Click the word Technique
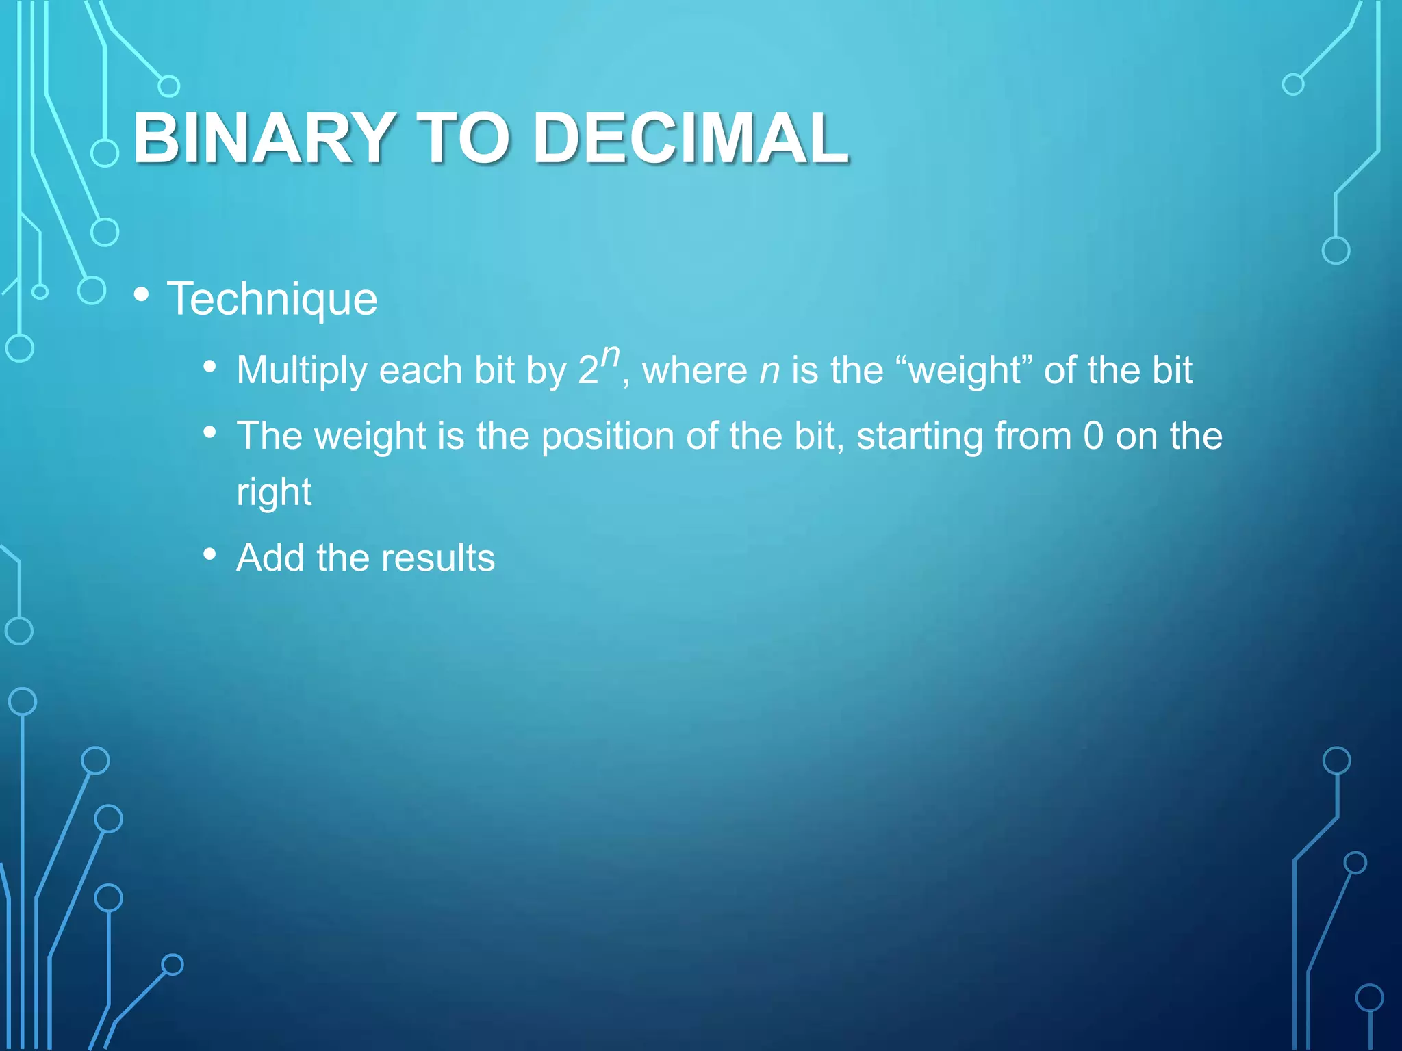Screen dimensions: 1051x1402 [x=272, y=299]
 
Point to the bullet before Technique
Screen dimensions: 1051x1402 [x=142, y=295]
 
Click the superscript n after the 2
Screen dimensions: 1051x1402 [x=610, y=356]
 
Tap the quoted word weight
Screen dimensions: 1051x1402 [x=965, y=372]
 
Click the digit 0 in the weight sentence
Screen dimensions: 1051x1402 [x=1093, y=436]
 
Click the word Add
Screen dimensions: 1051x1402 [x=270, y=557]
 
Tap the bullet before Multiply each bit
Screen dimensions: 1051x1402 [x=210, y=367]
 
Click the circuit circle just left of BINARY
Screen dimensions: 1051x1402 [x=105, y=153]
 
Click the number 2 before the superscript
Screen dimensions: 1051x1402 [x=588, y=372]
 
